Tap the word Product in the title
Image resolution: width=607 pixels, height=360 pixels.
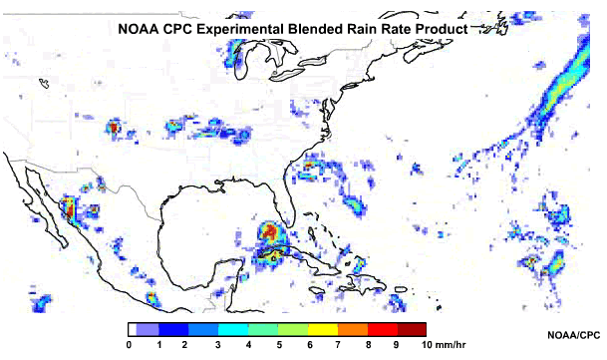(x=439, y=30)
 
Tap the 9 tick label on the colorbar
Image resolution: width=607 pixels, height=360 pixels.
(x=396, y=345)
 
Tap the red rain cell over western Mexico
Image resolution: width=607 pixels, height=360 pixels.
(x=70, y=208)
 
